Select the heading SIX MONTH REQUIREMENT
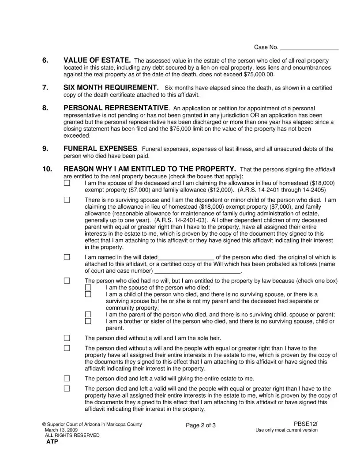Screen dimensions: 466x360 tap(111, 87)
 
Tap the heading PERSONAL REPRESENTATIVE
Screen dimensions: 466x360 tap(116, 108)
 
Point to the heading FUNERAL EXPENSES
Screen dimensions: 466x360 tap(101, 149)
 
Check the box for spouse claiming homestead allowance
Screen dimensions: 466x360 tap(67, 183)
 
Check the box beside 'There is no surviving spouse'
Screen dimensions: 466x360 tap(67, 200)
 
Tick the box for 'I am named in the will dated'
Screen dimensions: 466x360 tap(67, 257)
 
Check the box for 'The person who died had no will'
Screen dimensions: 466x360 tap(67, 280)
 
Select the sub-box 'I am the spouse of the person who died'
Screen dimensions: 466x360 tap(88, 287)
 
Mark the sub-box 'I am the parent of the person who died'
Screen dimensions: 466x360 tap(88, 315)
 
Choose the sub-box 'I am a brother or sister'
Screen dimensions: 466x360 tap(88, 321)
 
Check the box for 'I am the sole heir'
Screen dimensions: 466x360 tap(67, 338)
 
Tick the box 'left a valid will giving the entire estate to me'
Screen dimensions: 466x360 tap(67, 378)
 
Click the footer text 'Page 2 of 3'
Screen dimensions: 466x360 tap(201, 425)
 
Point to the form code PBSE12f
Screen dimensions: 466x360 tap(305, 424)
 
